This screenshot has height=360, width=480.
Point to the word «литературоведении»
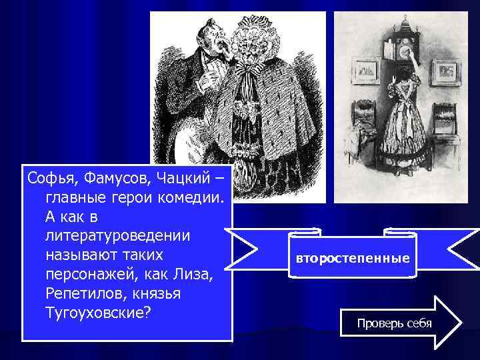(117, 236)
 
